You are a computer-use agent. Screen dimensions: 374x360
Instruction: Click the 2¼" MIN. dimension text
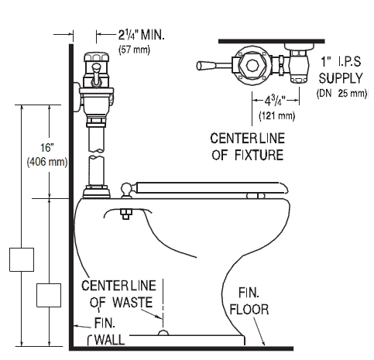click(x=141, y=35)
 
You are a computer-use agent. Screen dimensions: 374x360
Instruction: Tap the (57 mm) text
click(x=134, y=50)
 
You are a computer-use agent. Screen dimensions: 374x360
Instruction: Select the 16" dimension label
click(x=46, y=148)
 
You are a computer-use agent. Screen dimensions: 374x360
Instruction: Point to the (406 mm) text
click(x=47, y=163)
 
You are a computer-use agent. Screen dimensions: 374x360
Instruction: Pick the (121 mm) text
click(x=277, y=115)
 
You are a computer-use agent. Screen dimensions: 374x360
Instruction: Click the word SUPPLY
click(x=341, y=78)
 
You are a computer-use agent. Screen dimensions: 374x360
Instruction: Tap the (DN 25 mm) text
click(x=341, y=93)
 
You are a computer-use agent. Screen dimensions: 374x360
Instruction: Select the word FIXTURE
click(x=259, y=155)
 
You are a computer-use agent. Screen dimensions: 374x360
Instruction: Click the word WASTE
click(x=132, y=302)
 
